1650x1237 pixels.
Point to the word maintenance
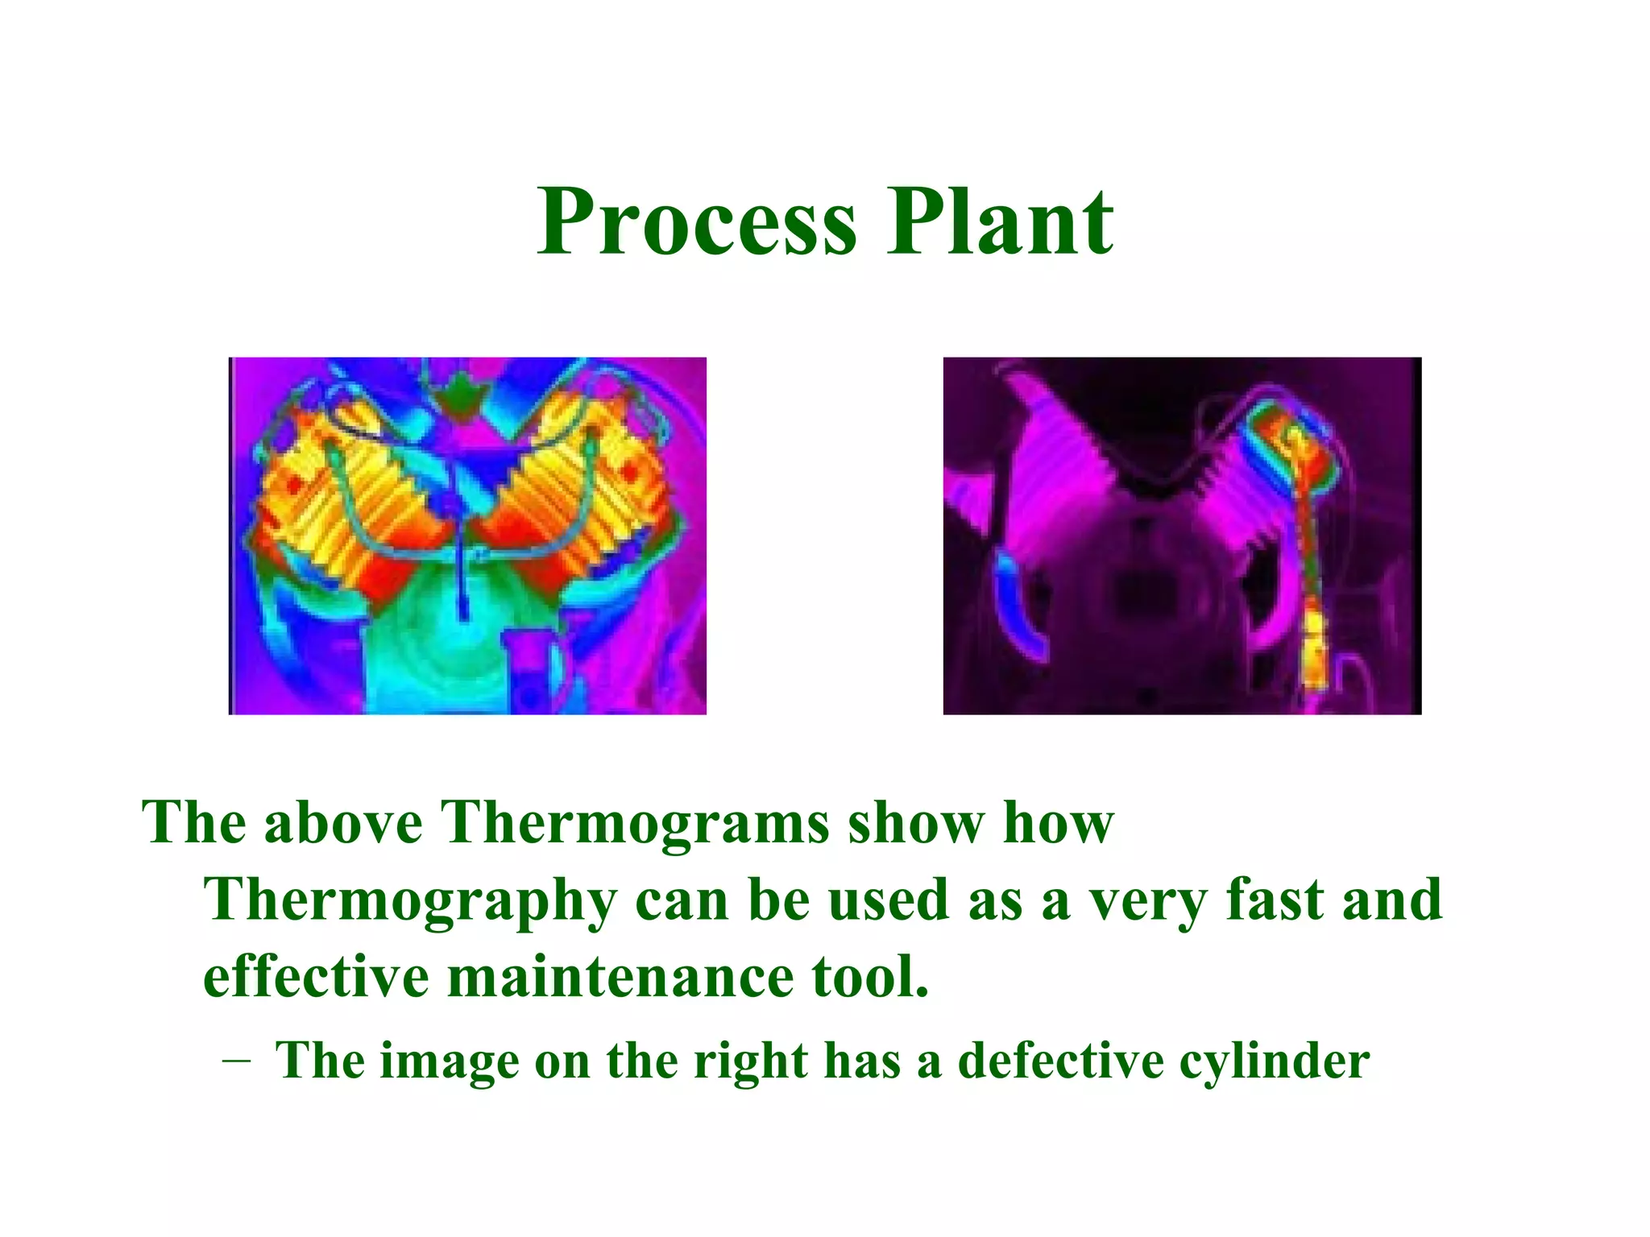pyautogui.click(x=620, y=976)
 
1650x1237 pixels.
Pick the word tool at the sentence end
pyautogui.click(x=870, y=976)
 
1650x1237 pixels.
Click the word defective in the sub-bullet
pyautogui.click(x=1060, y=1061)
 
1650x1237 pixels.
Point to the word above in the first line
pyautogui.click(x=342, y=823)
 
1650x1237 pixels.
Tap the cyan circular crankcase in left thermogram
pyautogui.click(x=451, y=644)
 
